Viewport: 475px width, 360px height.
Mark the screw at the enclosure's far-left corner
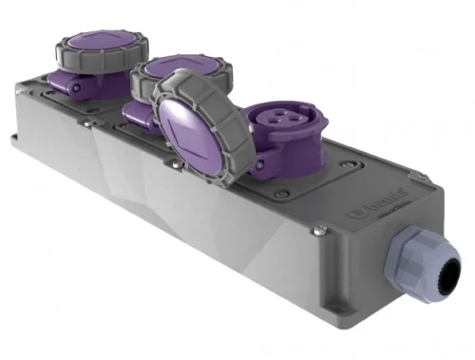[20, 86]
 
